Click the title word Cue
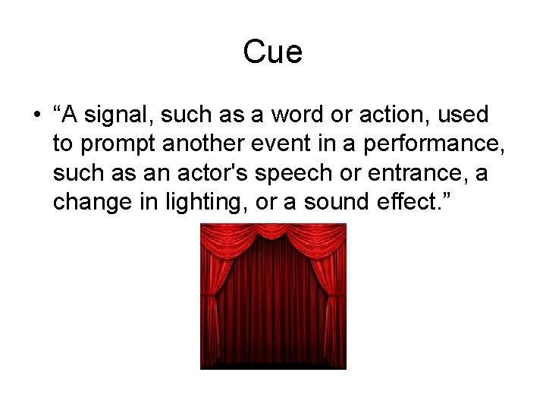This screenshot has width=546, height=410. pyautogui.click(x=273, y=52)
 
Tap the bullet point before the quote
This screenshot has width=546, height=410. pyautogui.click(x=37, y=116)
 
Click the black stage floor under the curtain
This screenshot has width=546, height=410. pyautogui.click(x=273, y=365)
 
